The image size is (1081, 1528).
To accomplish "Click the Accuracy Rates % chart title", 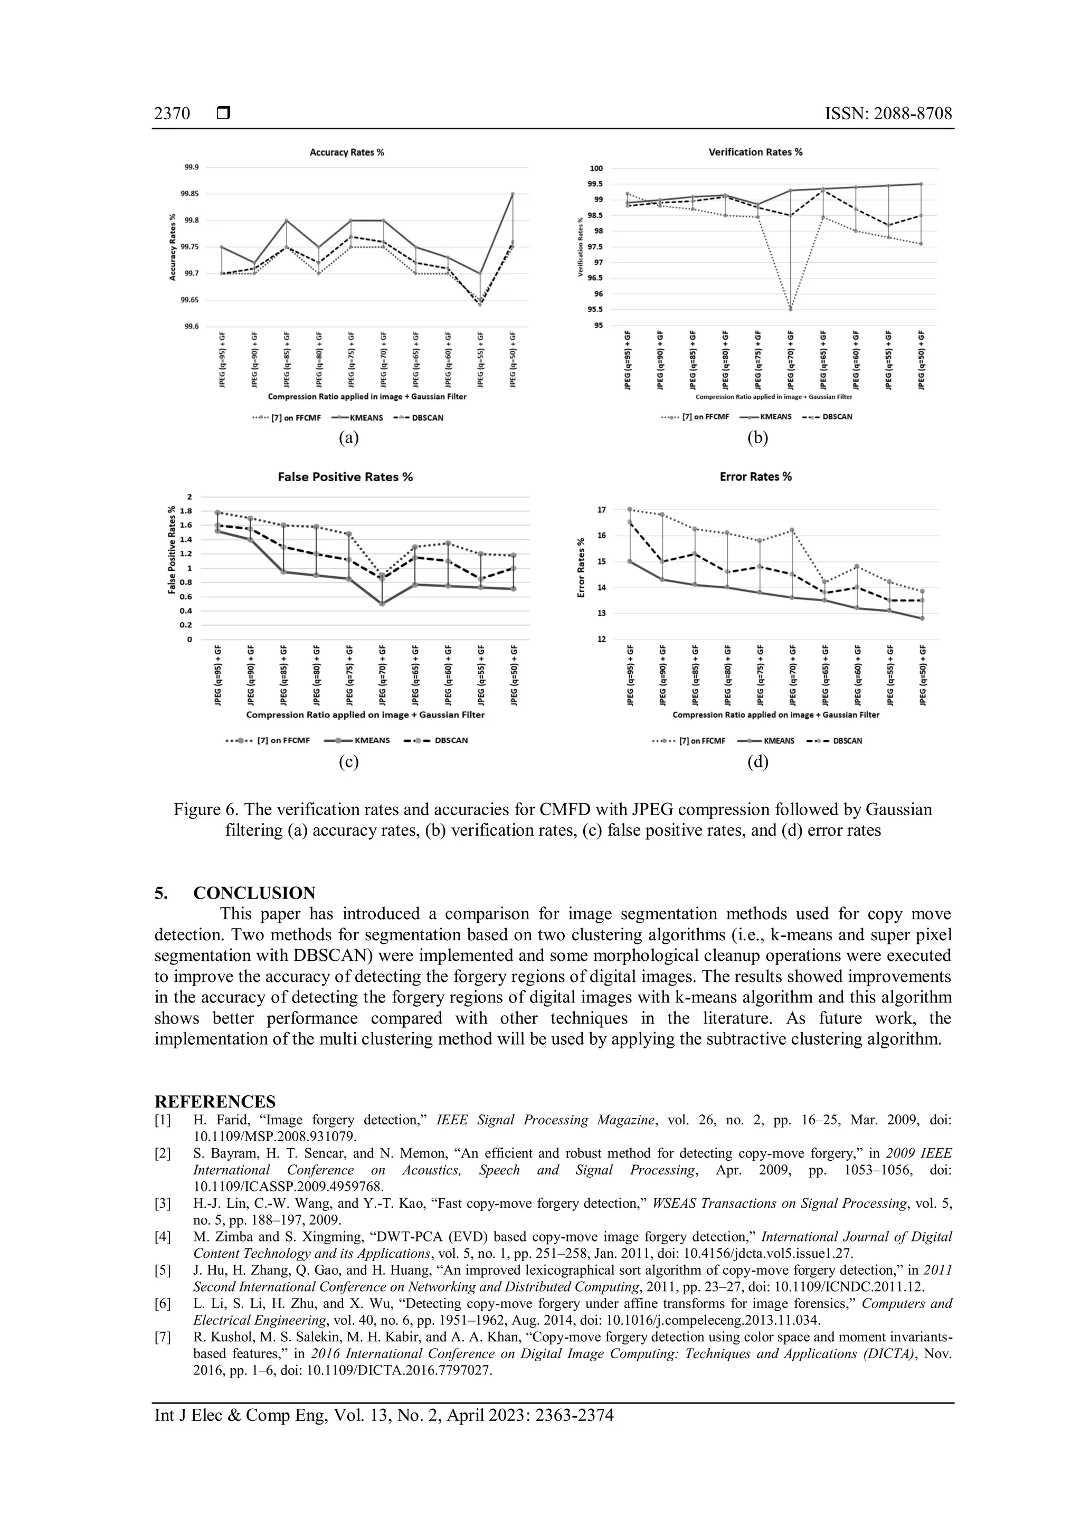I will [347, 152].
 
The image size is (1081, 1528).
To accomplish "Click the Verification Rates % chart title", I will [755, 152].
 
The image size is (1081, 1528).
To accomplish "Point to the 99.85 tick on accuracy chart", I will [189, 194].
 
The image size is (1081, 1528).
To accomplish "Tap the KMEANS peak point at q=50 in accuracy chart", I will [512, 194].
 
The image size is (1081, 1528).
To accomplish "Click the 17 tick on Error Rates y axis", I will [602, 510].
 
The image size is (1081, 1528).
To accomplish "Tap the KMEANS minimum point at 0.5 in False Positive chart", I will [382, 604].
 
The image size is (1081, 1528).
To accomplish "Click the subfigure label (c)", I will [349, 762].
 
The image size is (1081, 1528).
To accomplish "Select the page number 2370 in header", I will [172, 114].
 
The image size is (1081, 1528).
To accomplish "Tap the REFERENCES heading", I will [215, 1101].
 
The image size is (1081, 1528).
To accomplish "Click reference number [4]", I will [163, 1237].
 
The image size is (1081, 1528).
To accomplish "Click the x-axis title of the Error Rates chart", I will [775, 715].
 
